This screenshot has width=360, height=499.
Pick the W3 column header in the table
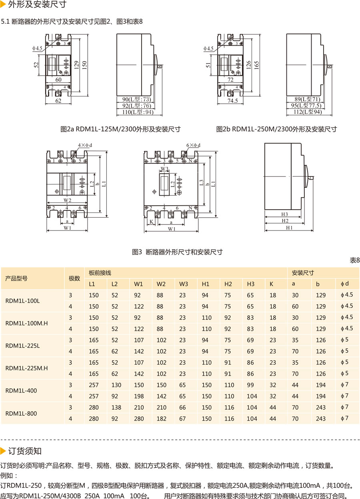183,284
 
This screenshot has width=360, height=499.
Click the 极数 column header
74,279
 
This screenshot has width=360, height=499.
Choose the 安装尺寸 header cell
303,273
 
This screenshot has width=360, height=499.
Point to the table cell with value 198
138,396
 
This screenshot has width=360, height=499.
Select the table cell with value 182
161,419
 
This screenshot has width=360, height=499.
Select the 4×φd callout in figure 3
85,145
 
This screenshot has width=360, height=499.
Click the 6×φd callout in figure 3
193,145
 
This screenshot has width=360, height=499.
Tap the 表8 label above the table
355,260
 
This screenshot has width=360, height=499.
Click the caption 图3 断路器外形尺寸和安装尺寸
177,252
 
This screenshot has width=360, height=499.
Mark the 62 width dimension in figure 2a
58,101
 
